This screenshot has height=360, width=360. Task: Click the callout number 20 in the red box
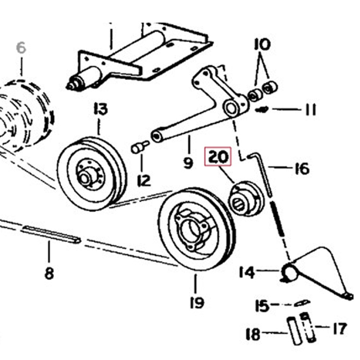pyautogui.click(x=217, y=157)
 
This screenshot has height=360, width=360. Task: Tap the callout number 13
pyautogui.click(x=100, y=109)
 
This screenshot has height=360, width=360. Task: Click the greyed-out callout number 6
pyautogui.click(x=21, y=48)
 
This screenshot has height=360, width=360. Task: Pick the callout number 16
pyautogui.click(x=301, y=168)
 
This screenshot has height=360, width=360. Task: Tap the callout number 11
pyautogui.click(x=310, y=110)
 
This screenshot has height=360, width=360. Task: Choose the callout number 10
pyautogui.click(x=262, y=45)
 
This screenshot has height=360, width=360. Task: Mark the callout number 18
pyautogui.click(x=253, y=334)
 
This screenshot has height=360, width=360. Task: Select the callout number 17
pyautogui.click(x=339, y=328)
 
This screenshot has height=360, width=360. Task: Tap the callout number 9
pyautogui.click(x=188, y=163)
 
